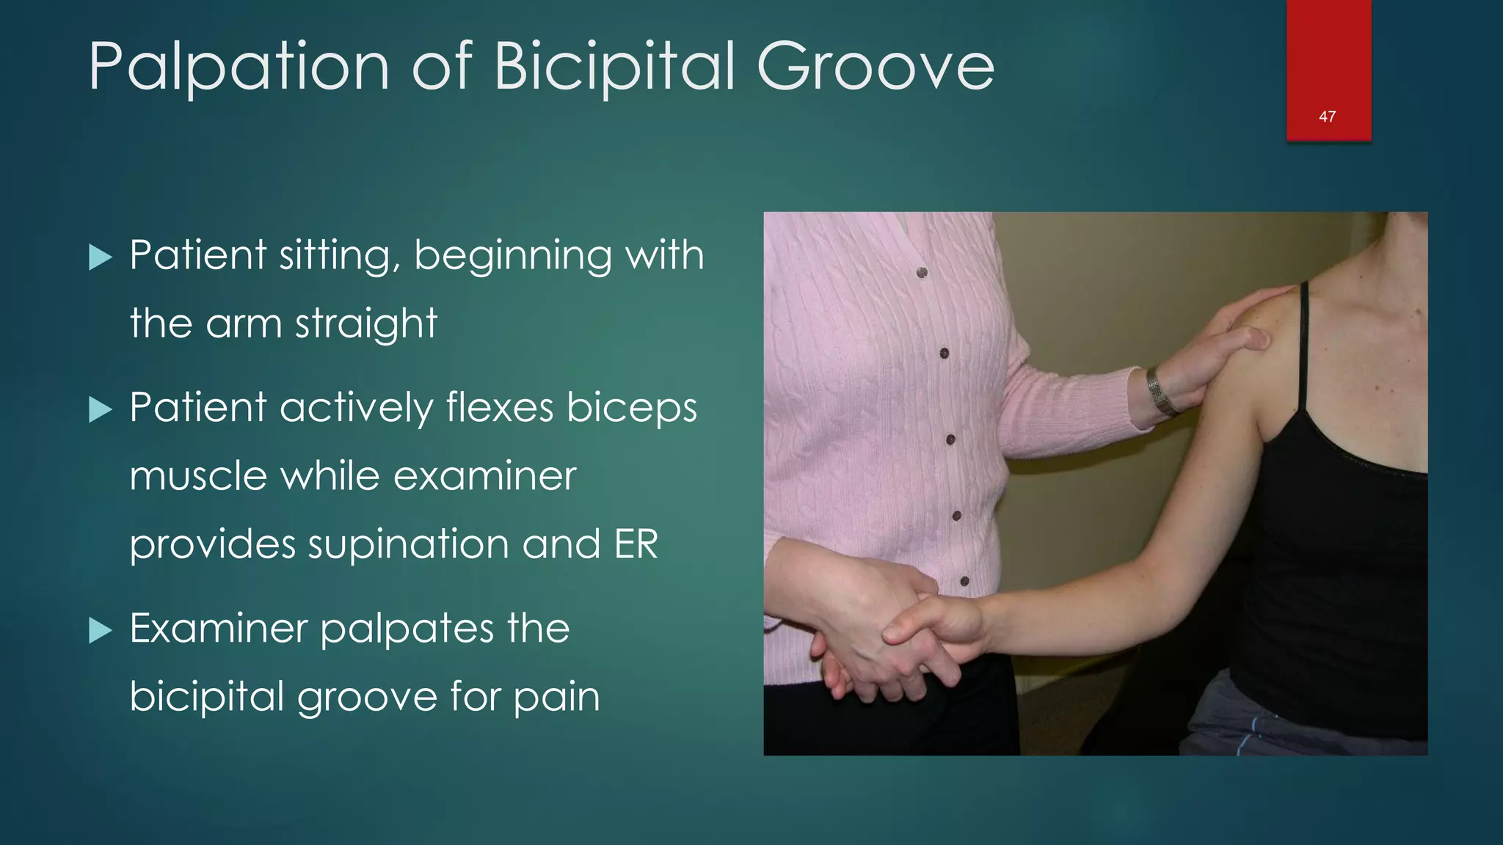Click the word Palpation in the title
pos(239,67)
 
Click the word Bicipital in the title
pos(614,67)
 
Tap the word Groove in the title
pos(875,67)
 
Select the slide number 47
pos(1327,117)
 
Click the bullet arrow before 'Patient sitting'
pos(101,257)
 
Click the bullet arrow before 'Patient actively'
pos(101,409)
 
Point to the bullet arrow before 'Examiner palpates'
pos(101,630)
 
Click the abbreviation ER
pos(636,544)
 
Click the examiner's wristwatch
pos(1160,392)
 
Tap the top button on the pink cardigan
pos(922,273)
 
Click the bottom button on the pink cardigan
pos(964,581)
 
